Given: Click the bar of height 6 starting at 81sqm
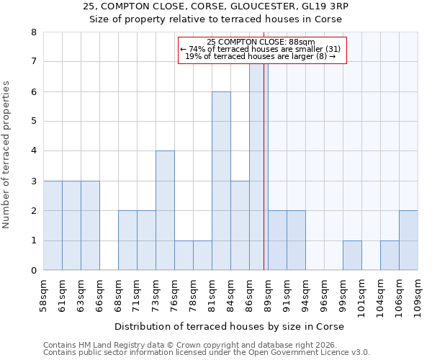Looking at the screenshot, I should [221, 181].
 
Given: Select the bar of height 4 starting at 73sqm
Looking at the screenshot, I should [165, 210].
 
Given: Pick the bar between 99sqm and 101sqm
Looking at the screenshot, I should [352, 255].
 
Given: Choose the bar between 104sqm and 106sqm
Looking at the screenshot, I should [390, 255].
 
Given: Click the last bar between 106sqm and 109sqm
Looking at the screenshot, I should [408, 240].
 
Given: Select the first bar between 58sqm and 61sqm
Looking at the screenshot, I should [53, 225].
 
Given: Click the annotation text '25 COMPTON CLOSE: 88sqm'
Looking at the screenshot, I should [262, 42].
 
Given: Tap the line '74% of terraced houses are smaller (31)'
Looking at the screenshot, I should [262, 49].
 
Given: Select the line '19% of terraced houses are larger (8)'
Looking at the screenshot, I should [262, 56].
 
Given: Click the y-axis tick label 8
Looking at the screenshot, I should [33, 32].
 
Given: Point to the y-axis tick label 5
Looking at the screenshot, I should [33, 122].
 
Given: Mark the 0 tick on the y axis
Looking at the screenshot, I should [33, 271].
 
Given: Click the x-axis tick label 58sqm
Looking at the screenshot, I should [44, 295].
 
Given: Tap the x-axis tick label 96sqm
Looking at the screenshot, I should [325, 295].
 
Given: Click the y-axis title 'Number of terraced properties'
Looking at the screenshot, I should [7, 154].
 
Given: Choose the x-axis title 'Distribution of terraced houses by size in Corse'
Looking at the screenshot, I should [229, 326].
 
